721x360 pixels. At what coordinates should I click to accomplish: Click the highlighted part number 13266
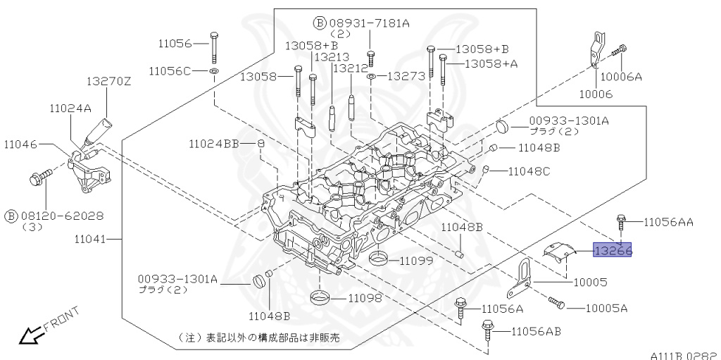click(x=613, y=249)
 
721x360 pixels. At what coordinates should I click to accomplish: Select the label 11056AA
click(x=668, y=222)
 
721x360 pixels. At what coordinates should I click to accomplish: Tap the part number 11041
click(x=89, y=239)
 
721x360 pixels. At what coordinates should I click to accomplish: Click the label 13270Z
click(x=109, y=82)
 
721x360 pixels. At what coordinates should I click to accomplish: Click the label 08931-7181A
click(x=368, y=23)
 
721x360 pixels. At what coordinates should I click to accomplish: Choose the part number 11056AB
click(x=536, y=331)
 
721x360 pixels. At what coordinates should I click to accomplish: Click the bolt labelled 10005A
click(x=556, y=304)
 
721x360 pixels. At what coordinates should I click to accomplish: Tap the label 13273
click(x=404, y=75)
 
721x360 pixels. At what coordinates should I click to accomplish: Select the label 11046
click(x=20, y=144)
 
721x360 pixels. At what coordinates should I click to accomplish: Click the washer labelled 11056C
click(x=214, y=72)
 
